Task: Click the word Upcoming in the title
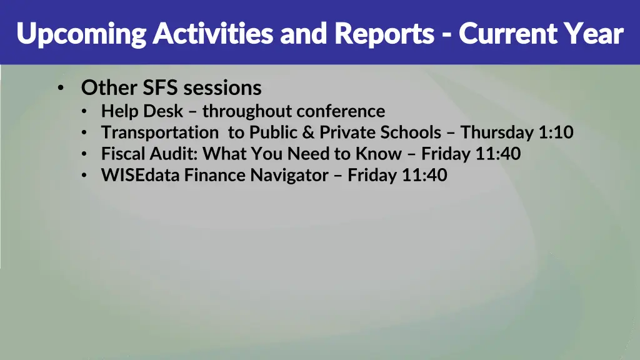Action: [81, 34]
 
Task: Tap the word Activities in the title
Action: [212, 33]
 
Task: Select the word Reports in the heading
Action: [384, 34]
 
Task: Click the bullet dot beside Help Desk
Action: [84, 112]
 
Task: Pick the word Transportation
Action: [159, 132]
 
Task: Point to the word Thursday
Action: [497, 132]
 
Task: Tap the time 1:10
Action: [556, 132]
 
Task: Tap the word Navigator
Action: [289, 175]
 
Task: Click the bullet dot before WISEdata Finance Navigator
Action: [84, 176]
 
